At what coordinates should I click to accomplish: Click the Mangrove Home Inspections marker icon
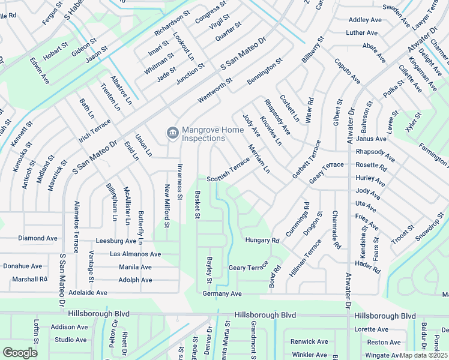click(x=172, y=133)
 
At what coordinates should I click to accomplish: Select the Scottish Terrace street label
click(x=228, y=171)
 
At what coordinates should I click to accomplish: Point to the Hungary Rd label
click(x=262, y=241)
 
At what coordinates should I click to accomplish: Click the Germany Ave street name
click(x=221, y=293)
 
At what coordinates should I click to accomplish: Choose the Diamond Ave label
click(x=37, y=238)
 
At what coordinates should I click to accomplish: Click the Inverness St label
click(x=179, y=179)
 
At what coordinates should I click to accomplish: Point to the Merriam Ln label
click(x=259, y=158)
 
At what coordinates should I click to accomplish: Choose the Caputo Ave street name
click(x=348, y=71)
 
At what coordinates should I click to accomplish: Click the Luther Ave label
click(x=362, y=32)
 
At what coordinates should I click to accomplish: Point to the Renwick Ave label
click(x=309, y=341)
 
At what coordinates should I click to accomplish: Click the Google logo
click(x=19, y=352)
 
